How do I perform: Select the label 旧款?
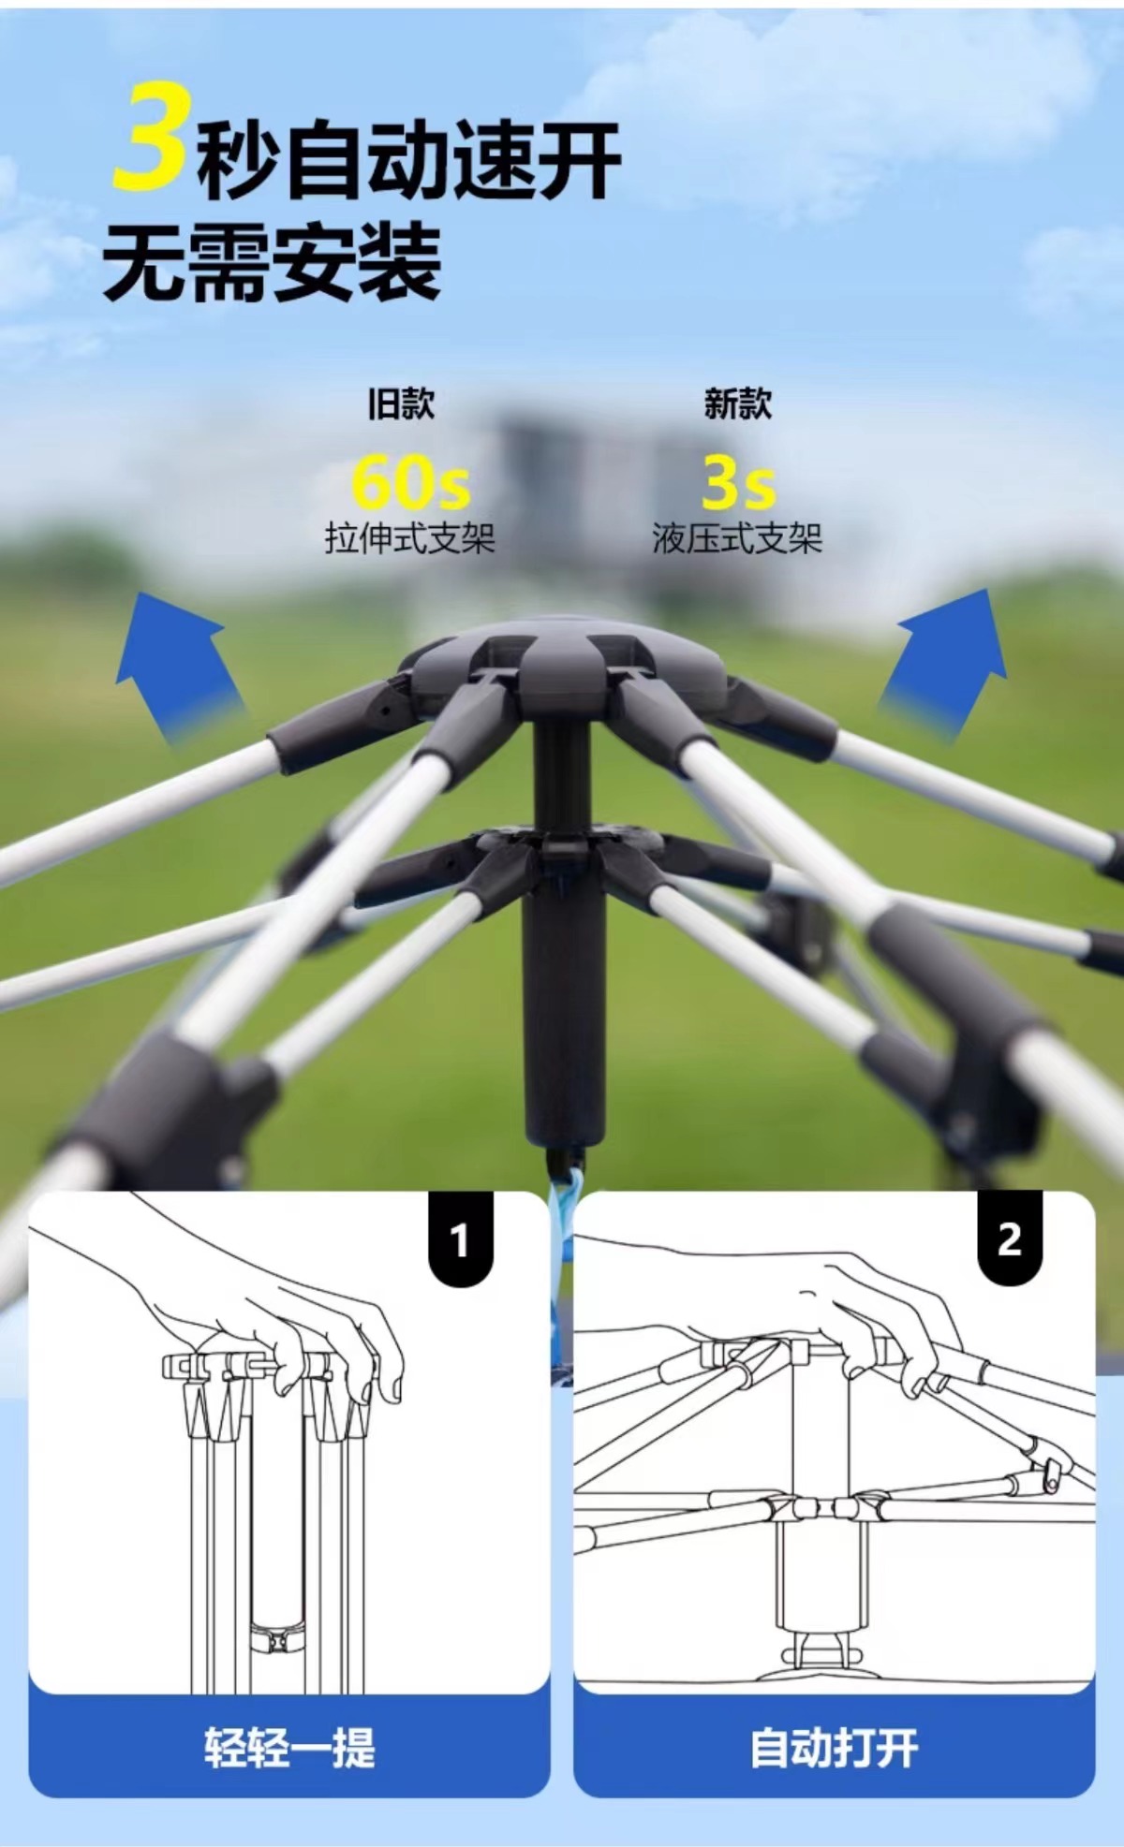(x=401, y=404)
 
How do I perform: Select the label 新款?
(x=738, y=404)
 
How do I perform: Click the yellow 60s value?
(x=410, y=482)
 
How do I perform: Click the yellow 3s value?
(x=739, y=482)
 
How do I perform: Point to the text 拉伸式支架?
(x=409, y=539)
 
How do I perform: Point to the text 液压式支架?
(x=737, y=539)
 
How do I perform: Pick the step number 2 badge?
(x=1010, y=1239)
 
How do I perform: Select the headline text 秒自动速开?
(x=408, y=161)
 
